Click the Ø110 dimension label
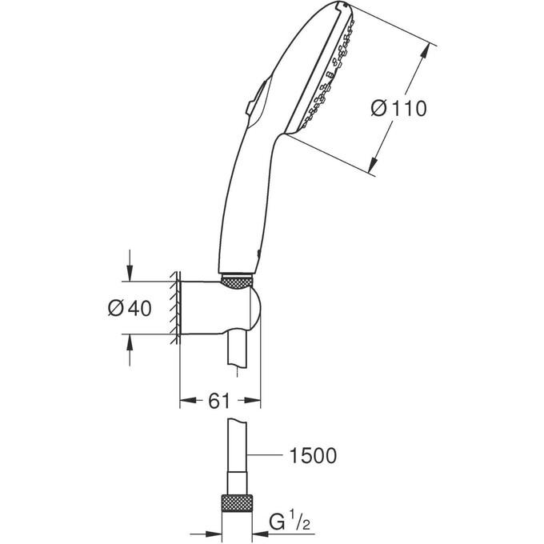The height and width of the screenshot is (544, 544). [398, 108]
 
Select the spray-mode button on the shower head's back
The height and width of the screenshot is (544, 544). [250, 105]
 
